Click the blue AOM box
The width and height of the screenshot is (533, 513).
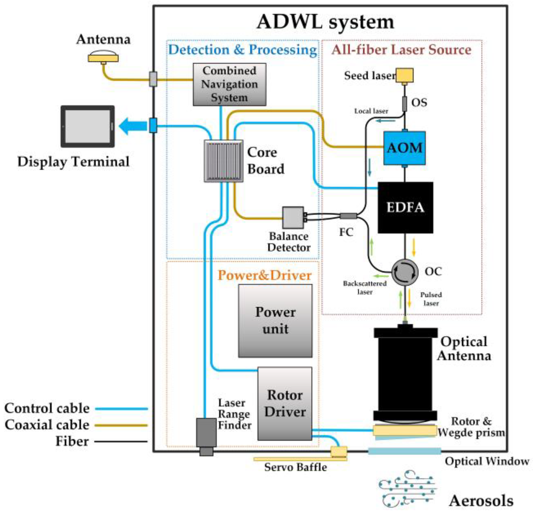point(404,148)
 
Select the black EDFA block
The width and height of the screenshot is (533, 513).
point(405,207)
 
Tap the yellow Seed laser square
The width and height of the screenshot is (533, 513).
point(404,75)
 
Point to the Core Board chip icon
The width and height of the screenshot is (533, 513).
point(224,161)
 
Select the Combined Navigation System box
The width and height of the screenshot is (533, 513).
point(229,84)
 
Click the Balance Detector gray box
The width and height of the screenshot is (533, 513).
point(293,217)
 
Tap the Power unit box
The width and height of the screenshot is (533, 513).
point(275,321)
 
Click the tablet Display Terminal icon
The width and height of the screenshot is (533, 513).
point(88,126)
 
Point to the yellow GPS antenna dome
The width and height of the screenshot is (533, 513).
point(103,57)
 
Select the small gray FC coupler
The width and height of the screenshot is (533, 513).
point(348,216)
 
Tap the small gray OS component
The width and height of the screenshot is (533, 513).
point(405,104)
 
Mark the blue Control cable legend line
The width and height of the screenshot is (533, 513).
point(121,409)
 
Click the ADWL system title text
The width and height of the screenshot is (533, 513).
point(325,22)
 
